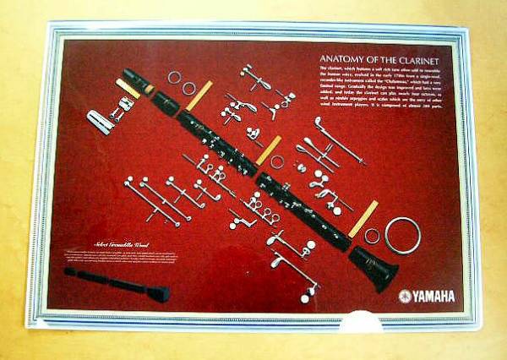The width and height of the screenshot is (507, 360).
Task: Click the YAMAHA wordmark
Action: [433, 296]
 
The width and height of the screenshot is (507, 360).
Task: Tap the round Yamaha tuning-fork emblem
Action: [405, 296]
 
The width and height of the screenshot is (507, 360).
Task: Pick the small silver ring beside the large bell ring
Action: [372, 236]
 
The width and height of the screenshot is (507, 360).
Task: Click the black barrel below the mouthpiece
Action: [165, 104]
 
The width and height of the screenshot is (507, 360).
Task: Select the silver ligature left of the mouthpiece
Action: [101, 122]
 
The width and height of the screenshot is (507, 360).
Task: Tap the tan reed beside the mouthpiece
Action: [128, 89]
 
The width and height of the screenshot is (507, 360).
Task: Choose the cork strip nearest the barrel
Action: [199, 95]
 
